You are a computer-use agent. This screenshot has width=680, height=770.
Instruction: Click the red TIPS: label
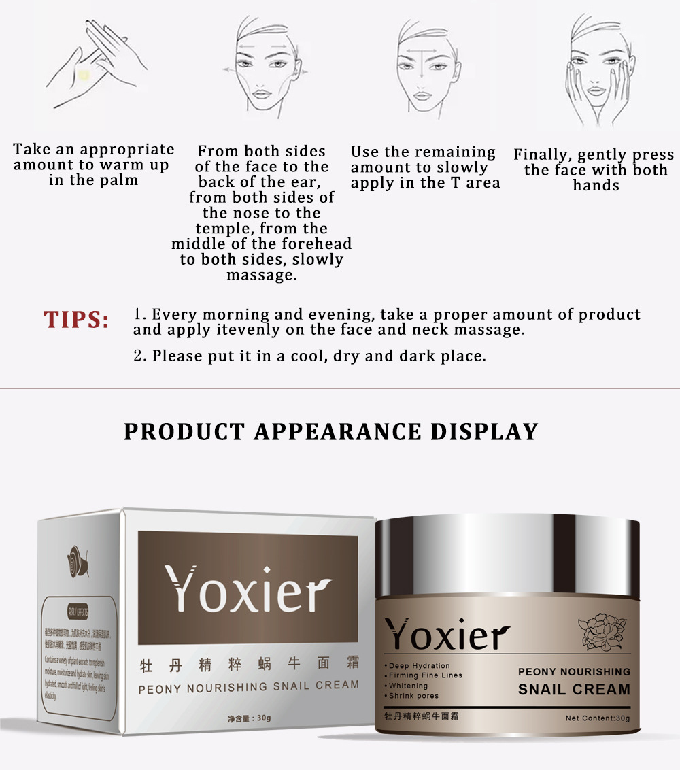coord(76,320)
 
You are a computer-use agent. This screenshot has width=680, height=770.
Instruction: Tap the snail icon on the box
coord(77,563)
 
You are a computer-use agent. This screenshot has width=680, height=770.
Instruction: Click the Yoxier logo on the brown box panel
coord(248,589)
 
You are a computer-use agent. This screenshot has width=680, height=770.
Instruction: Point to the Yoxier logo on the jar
coord(447,635)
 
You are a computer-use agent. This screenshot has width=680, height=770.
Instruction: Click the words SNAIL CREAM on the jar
coord(574,689)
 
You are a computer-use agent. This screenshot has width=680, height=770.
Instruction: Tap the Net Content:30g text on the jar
coord(598,718)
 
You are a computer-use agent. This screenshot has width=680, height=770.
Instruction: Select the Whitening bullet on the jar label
coord(408,686)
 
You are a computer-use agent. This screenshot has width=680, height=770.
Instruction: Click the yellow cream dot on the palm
coord(84,74)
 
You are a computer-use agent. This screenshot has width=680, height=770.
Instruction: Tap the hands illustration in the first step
coord(95,65)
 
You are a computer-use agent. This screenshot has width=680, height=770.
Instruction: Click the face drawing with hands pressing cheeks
coord(596,71)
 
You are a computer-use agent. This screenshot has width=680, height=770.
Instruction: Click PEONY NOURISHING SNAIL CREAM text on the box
coord(248,687)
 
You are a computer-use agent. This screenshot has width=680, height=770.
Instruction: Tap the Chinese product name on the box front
coord(248,664)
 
